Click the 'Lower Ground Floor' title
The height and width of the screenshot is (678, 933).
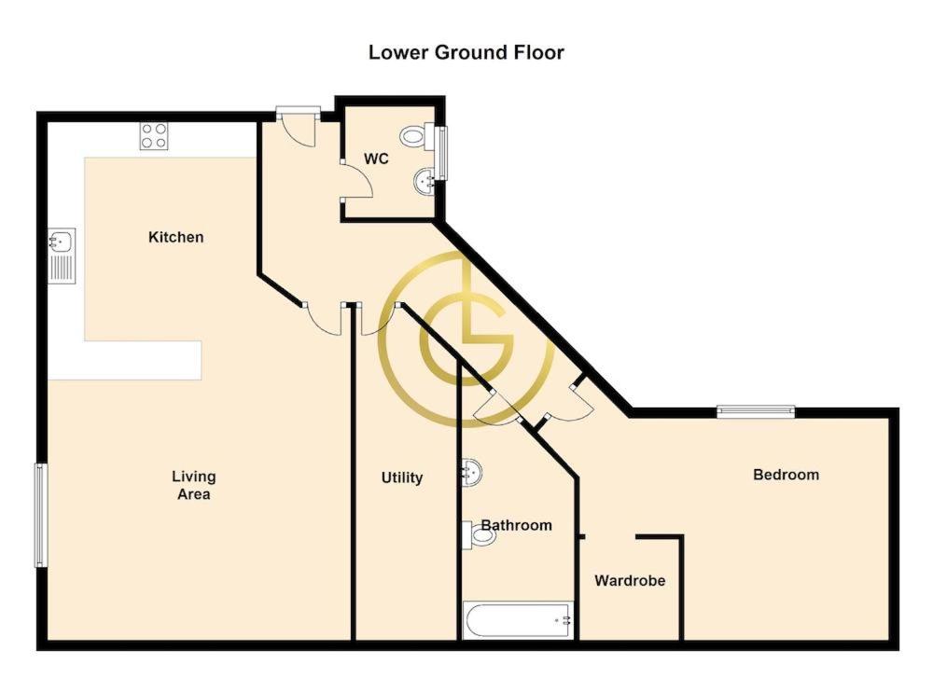coord(466,52)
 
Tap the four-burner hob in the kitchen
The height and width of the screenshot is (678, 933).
coord(154,135)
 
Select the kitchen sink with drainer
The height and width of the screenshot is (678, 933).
coord(62,256)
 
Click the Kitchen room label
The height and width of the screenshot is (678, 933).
coord(175,237)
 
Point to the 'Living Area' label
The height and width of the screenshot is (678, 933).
coord(193,485)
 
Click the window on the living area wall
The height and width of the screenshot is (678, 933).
coord(40,515)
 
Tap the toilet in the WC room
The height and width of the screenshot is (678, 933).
coord(417,137)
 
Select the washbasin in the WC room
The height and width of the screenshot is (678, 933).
coord(424,181)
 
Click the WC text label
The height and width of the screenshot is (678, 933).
coord(376,159)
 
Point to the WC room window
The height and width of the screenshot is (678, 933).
coord(441,153)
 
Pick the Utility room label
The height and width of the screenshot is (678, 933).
coord(401,477)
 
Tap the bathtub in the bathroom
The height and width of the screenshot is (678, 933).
coord(518,620)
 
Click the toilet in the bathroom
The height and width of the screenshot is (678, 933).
coord(479,535)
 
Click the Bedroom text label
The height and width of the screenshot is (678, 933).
coord(786,475)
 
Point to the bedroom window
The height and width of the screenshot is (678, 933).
coord(756,411)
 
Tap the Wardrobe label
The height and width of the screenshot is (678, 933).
coord(630,580)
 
